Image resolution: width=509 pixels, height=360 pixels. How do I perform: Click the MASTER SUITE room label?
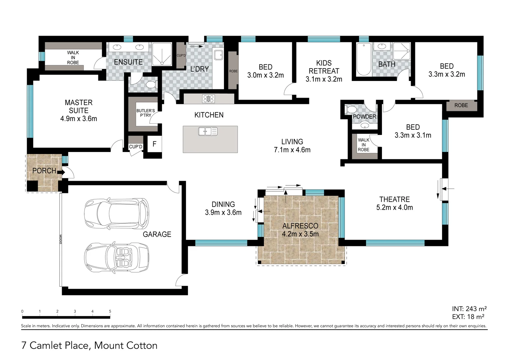point(79,106)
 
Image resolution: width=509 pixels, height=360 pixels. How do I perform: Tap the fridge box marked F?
point(154,144)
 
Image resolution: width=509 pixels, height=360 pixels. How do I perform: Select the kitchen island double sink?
point(208,131)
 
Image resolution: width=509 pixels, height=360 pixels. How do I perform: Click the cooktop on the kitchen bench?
point(209,99)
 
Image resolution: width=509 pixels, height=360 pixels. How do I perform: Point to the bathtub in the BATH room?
point(363,60)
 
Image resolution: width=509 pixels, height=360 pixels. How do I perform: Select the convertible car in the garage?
point(116,257)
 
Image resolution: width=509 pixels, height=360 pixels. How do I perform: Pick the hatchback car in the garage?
point(116,214)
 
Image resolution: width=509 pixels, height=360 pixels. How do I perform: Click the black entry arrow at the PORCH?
point(61,172)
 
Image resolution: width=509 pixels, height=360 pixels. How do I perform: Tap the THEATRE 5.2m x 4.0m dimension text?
point(394,207)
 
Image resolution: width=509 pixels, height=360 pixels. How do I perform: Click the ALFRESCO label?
point(300,226)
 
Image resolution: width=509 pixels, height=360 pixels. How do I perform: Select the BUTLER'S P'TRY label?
point(145,113)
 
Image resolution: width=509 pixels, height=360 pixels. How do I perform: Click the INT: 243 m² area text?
point(469,309)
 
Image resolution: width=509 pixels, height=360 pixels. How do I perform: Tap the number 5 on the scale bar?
point(110,311)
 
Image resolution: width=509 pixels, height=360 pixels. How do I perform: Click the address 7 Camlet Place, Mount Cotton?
point(89,345)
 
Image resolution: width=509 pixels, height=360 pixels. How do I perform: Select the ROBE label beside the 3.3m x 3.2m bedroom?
point(461,105)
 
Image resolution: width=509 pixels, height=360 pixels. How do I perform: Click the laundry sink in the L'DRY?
point(218,55)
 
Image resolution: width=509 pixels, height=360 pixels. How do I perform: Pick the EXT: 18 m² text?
point(468,317)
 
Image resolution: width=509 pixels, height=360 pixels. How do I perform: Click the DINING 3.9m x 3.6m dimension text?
point(223,212)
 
